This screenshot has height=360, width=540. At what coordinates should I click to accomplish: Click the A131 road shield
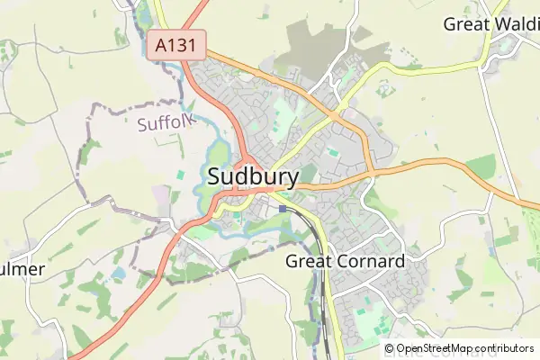(177, 45)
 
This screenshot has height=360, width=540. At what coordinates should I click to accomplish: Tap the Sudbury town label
(253, 176)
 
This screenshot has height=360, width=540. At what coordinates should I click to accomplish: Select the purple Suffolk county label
(165, 123)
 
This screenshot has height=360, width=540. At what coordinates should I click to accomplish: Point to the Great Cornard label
(345, 261)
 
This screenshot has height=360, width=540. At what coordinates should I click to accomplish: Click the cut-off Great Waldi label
(490, 24)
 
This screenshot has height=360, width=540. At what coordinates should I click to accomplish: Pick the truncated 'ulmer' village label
(22, 270)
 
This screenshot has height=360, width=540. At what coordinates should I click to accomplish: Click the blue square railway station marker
(283, 209)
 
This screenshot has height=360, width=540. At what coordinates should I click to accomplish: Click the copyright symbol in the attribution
(390, 348)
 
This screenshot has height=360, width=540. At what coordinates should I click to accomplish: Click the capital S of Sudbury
(216, 176)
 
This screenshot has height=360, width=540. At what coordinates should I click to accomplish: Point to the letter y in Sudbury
(291, 179)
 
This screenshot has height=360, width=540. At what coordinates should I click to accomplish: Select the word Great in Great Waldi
(464, 24)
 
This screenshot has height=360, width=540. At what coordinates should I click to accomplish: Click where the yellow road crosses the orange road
(336, 115)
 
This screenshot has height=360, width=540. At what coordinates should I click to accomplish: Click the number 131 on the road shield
(184, 45)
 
